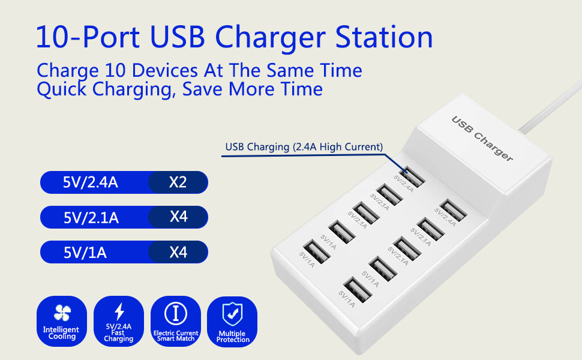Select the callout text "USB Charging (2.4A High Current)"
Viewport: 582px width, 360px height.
pyautogui.click(x=304, y=146)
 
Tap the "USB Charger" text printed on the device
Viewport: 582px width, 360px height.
pyautogui.click(x=482, y=139)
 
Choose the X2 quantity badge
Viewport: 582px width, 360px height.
pyautogui.click(x=178, y=182)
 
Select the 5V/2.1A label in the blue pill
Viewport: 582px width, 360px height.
pyautogui.click(x=91, y=217)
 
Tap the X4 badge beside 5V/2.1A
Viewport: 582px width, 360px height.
pyautogui.click(x=178, y=217)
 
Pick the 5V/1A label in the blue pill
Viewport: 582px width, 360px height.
pyautogui.click(x=85, y=252)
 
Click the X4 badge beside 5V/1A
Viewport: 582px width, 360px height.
pyautogui.click(x=178, y=252)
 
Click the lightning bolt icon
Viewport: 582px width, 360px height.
pyautogui.click(x=119, y=311)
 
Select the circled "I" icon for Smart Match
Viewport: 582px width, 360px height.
pyautogui.click(x=176, y=313)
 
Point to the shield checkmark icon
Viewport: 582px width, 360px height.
pyautogui.click(x=232, y=313)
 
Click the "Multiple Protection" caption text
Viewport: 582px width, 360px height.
pyautogui.click(x=233, y=337)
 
